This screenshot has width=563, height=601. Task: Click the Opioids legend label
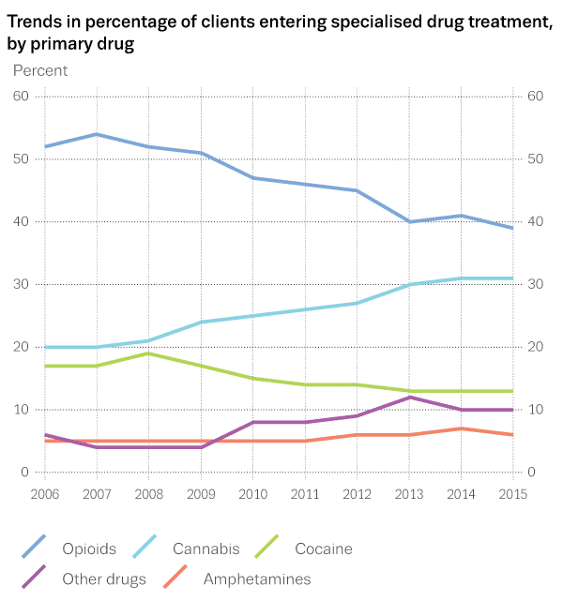(x=88, y=548)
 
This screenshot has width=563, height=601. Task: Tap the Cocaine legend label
(x=324, y=548)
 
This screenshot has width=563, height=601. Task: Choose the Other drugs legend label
(x=103, y=578)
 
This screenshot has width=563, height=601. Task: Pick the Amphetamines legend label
(x=257, y=578)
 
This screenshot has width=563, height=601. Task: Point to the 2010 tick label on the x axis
(x=252, y=493)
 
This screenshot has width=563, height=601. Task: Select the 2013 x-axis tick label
(x=408, y=493)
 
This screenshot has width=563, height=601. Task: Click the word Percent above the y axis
(x=40, y=70)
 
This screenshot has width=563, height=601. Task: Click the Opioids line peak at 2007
(x=97, y=134)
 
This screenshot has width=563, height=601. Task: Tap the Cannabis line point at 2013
(x=409, y=284)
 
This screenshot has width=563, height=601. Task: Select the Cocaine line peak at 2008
(x=148, y=353)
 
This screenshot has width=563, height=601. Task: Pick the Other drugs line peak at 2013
(x=409, y=398)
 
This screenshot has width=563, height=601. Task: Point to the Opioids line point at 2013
(x=409, y=222)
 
